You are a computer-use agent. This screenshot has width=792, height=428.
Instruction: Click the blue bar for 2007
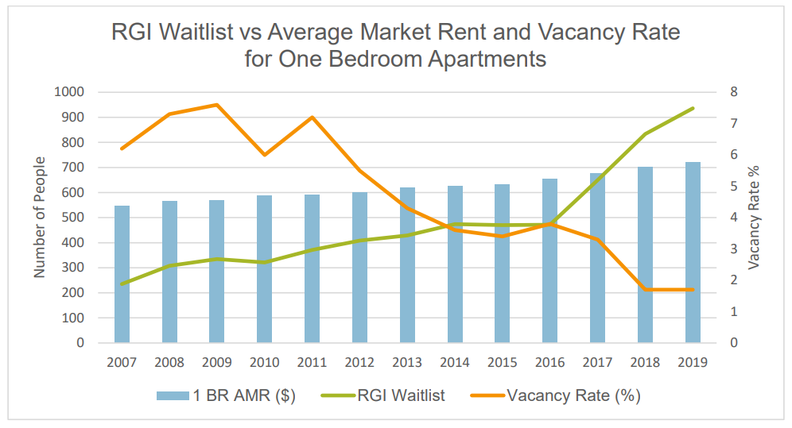tap(122, 274)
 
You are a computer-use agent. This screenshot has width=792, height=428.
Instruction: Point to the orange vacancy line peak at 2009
tap(217, 105)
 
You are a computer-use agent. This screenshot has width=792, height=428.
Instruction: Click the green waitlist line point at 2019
tap(693, 109)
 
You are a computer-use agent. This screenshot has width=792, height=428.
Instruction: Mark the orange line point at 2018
tap(645, 290)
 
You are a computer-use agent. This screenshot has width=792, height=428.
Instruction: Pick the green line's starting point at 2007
tap(122, 284)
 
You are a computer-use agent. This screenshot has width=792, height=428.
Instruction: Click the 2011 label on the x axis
tap(312, 363)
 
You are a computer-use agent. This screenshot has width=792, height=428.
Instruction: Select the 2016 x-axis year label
tap(549, 363)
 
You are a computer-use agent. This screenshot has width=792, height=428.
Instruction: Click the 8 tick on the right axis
tap(734, 92)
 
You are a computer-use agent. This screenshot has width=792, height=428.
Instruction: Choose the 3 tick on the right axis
tap(734, 249)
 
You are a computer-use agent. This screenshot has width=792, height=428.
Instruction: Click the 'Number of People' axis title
tap(39, 217)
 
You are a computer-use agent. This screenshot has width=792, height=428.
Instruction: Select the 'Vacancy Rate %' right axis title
tap(754, 217)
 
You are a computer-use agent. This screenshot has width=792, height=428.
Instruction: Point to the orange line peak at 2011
tap(312, 118)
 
